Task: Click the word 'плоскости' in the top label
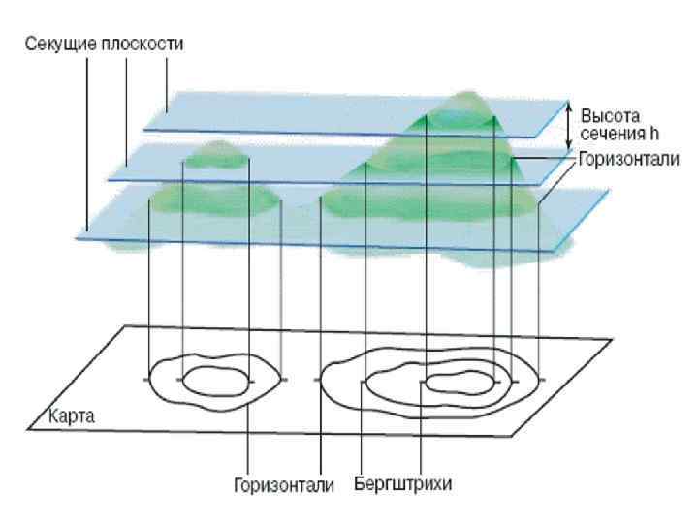click(x=154, y=45)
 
